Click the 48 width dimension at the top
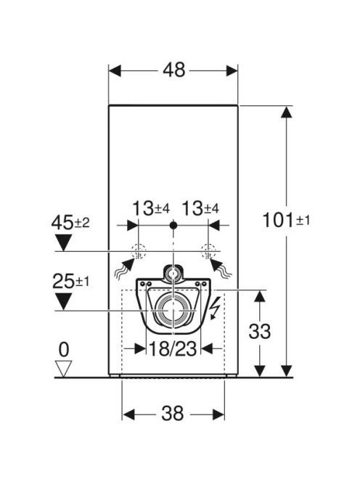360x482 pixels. click(x=173, y=70)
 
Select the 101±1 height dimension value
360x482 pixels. click(x=286, y=221)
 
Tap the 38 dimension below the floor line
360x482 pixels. click(x=173, y=413)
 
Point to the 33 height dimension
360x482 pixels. click(x=260, y=331)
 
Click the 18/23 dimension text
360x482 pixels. click(x=173, y=349)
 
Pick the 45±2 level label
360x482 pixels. click(x=70, y=223)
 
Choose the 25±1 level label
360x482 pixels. click(x=70, y=281)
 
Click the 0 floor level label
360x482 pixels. click(x=64, y=349)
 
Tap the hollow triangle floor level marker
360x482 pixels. click(x=64, y=368)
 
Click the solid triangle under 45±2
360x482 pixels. click(x=63, y=242)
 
